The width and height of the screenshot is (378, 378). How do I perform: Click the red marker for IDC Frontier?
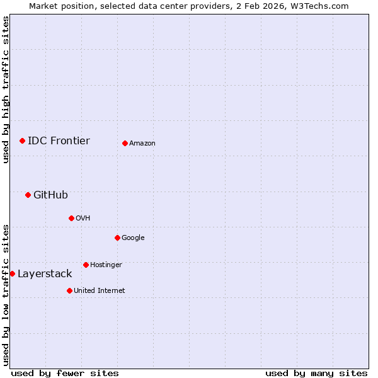(x=22, y=140)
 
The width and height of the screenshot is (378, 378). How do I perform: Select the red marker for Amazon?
(x=125, y=143)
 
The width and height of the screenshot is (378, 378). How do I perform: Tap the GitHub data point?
(x=28, y=195)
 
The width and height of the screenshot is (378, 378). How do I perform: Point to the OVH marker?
(x=71, y=218)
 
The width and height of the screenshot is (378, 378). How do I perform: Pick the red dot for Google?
(x=117, y=238)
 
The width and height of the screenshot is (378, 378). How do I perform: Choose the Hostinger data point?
(x=86, y=265)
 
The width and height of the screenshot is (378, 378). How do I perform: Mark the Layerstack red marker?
(x=13, y=273)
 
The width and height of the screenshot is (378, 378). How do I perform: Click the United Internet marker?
(x=69, y=290)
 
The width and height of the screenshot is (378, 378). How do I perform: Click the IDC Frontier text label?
(x=59, y=140)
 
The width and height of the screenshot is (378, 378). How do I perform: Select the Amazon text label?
(x=142, y=144)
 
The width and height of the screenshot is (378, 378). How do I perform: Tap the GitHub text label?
(x=50, y=195)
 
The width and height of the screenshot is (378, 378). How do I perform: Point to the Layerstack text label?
(x=45, y=273)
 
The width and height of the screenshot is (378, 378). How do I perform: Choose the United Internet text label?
(x=100, y=290)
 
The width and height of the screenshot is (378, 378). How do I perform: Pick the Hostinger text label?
(x=106, y=265)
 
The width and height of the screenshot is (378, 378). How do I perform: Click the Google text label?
(x=133, y=238)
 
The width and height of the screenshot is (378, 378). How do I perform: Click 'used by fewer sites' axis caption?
(x=65, y=373)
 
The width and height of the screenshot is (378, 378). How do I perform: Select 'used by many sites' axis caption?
(x=316, y=373)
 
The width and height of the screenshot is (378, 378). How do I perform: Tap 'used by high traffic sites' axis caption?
(x=6, y=89)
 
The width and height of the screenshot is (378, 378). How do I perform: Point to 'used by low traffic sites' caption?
(x=6, y=294)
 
